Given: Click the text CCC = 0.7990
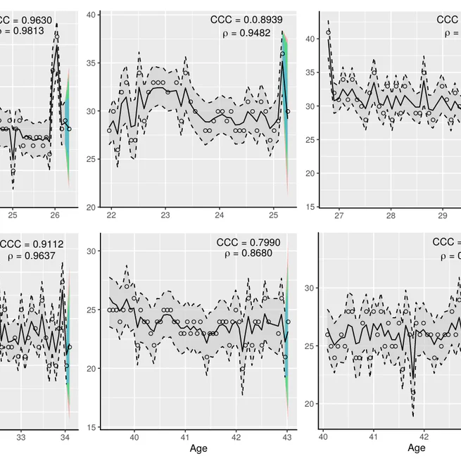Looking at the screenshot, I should [248, 243].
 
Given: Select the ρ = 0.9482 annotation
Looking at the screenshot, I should [251, 33].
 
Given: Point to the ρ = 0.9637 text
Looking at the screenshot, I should [34, 257].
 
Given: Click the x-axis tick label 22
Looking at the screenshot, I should [111, 215].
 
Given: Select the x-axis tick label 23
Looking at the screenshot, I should [165, 215].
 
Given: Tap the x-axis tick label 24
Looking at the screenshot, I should [219, 215].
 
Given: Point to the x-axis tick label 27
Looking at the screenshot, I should [339, 215].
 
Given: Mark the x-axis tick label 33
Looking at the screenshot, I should [20, 436].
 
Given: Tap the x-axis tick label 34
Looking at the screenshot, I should [65, 436].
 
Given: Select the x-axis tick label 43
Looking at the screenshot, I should [287, 436].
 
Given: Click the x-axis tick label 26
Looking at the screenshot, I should [56, 215].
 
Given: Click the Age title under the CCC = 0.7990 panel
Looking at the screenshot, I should [198, 449].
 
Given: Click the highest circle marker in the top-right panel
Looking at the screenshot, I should [329, 32].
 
